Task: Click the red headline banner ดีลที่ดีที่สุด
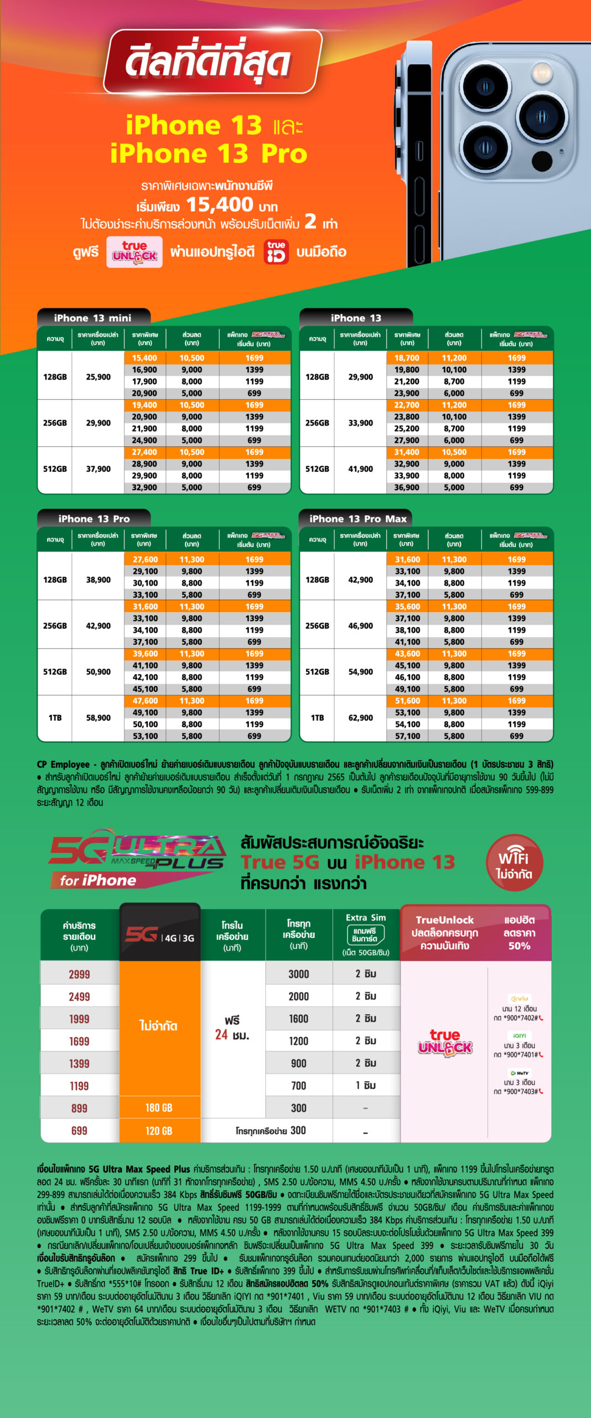pyautogui.click(x=212, y=61)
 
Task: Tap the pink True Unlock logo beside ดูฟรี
pyautogui.click(x=134, y=252)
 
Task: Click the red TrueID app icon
pyautogui.click(x=276, y=252)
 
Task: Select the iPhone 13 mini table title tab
pyautogui.click(x=93, y=318)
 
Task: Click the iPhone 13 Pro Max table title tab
pyautogui.click(x=357, y=519)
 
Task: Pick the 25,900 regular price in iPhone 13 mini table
pyautogui.click(x=98, y=377)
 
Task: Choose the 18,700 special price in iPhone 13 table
pyautogui.click(x=407, y=358)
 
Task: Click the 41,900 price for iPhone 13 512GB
pyautogui.click(x=360, y=469)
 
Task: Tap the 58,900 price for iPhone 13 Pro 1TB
pyautogui.click(x=98, y=718)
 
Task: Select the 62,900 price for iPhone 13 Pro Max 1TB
pyautogui.click(x=360, y=718)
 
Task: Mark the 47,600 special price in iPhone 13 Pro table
pyautogui.click(x=145, y=701)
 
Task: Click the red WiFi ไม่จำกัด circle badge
pyautogui.click(x=514, y=862)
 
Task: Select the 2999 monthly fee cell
pyautogui.click(x=79, y=974)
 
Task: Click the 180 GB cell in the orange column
pyautogui.click(x=159, y=1108)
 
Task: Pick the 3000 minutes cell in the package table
pyautogui.click(x=298, y=974)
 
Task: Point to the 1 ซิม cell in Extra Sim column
pyautogui.click(x=366, y=1086)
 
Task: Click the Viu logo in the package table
pyautogui.click(x=520, y=998)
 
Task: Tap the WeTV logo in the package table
pyautogui.click(x=520, y=1073)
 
